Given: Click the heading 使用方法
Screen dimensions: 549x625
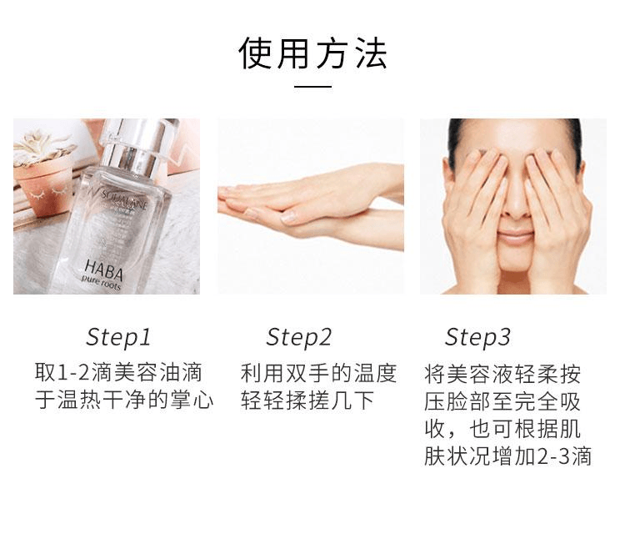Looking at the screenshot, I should (312, 53).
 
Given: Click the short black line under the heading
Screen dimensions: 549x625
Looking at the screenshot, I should (312, 86).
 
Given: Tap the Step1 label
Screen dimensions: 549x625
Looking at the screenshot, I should (119, 337).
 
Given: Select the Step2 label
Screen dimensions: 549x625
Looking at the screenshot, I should (299, 337).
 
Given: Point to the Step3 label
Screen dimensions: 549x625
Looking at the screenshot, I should (477, 337).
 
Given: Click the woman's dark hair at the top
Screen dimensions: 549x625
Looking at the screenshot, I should (513, 128).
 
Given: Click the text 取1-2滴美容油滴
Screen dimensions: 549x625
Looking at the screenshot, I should (118, 372).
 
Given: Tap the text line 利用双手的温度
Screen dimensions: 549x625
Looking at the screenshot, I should (318, 372).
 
